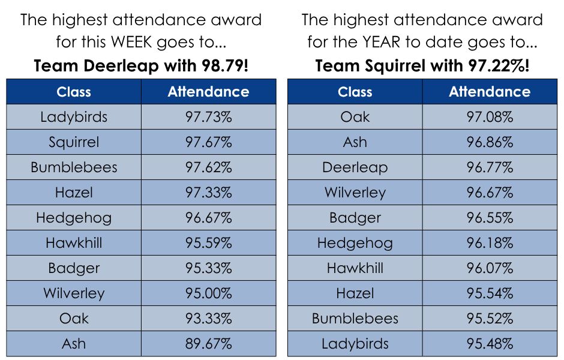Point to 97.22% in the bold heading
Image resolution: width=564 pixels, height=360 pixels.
(497, 66)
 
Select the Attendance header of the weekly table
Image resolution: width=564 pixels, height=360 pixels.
(209, 92)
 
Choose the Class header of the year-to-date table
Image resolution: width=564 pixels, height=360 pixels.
(355, 92)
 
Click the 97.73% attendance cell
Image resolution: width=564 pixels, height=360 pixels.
(209, 117)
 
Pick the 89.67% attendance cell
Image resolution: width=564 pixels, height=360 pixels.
(209, 343)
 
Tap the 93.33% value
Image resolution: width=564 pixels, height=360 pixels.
(209, 318)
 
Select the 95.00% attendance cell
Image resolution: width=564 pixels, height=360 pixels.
(209, 293)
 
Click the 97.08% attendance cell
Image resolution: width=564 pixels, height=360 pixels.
(490, 117)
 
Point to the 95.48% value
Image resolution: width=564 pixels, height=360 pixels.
(490, 343)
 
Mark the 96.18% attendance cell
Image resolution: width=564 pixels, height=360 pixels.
(490, 243)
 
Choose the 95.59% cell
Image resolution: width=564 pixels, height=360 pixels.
(209, 243)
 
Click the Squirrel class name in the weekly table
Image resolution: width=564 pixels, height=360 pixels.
(74, 143)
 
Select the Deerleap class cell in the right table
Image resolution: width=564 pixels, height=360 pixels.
(355, 168)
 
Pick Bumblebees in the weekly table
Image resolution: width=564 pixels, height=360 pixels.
(74, 167)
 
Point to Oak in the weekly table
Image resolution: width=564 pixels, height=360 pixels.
(74, 318)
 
